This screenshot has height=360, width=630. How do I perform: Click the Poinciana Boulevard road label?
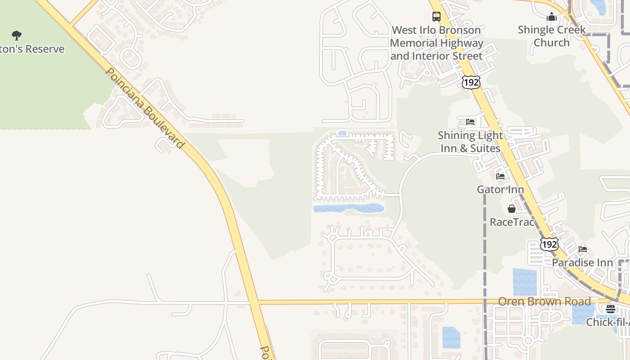pos(145,108)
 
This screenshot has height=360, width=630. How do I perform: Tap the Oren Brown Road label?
pos(544,301)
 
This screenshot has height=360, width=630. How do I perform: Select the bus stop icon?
pos(436,17)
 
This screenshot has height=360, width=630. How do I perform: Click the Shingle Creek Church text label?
pos(551,36)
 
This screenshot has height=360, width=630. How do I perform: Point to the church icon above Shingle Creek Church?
pos(551,17)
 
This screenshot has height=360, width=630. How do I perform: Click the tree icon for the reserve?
pos(17,35)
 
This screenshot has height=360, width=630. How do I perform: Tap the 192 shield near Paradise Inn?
pos(549,244)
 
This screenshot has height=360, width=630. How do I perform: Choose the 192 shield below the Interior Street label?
pos(471,81)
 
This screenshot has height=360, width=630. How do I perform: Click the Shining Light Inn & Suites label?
pos(470,142)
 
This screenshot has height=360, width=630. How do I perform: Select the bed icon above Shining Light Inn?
pos(470,122)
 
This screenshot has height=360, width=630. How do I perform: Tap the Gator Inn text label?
pos(500,189)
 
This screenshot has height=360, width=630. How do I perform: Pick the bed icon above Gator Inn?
pos(500,176)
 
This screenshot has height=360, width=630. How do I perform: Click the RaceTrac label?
pos(512,222)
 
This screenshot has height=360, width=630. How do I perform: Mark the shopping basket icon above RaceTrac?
pos(512,209)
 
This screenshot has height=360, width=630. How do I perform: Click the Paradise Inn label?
pos(582,262)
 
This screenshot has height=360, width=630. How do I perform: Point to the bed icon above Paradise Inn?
pos(583,249)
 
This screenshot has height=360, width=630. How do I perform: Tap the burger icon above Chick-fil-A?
pos(610,309)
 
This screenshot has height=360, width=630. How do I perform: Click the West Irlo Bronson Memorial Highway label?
pos(436,43)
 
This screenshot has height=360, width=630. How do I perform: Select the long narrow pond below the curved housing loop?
pos(348,208)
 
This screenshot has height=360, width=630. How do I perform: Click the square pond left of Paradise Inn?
pos(525,282)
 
